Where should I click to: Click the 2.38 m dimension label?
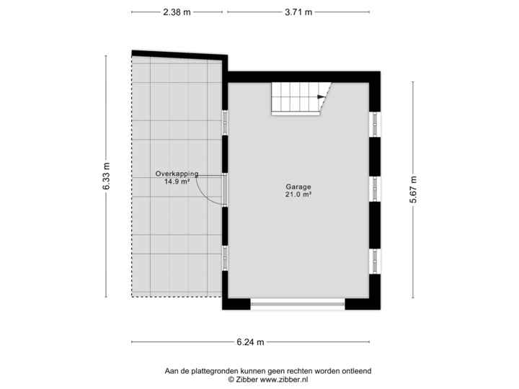pos(176,12)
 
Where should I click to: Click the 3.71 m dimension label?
pos(298,12)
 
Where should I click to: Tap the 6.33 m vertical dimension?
pos(106,176)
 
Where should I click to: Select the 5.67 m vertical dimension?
pos(413,189)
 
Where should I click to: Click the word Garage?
pos(298,187)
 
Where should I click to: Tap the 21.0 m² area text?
pos(298,194)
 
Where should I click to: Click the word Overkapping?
pos(177,174)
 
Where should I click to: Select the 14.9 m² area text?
pos(177,182)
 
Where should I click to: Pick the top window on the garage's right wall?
pos(375,123)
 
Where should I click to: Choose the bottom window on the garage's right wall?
pos(375,260)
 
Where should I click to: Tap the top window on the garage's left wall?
pos(225,122)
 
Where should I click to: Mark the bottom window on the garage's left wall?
pos(225,257)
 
